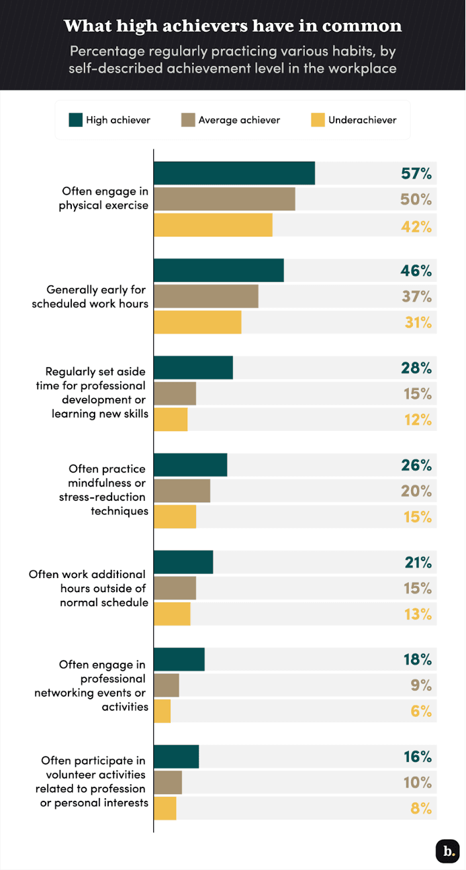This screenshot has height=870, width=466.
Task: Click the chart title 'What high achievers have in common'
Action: (232, 26)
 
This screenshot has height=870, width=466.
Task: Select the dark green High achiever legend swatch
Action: (75, 120)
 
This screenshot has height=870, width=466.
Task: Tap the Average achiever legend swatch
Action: (188, 120)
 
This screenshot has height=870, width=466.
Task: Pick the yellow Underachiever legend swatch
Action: (318, 120)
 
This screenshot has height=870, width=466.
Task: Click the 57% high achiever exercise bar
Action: (234, 173)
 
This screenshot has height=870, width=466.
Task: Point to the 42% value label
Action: (416, 226)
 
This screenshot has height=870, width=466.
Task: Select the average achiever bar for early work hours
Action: (206, 296)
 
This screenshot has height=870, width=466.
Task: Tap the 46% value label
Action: (416, 271)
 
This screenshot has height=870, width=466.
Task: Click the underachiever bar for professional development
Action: (171, 420)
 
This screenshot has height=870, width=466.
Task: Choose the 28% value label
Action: (416, 368)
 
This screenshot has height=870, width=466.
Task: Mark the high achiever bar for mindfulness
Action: (191, 465)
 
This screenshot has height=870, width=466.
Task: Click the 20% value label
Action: (416, 491)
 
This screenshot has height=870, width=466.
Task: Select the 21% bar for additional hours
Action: (183, 563)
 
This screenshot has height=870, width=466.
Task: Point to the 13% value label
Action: (416, 614)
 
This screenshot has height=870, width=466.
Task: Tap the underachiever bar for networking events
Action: (162, 711)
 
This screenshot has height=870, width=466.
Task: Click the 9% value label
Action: (421, 685)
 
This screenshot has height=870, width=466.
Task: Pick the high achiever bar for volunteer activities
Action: (177, 757)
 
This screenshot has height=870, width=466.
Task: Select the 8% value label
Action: (421, 808)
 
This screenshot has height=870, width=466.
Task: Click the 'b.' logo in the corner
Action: (447, 851)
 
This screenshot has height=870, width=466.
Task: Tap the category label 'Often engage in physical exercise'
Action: (103, 199)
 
